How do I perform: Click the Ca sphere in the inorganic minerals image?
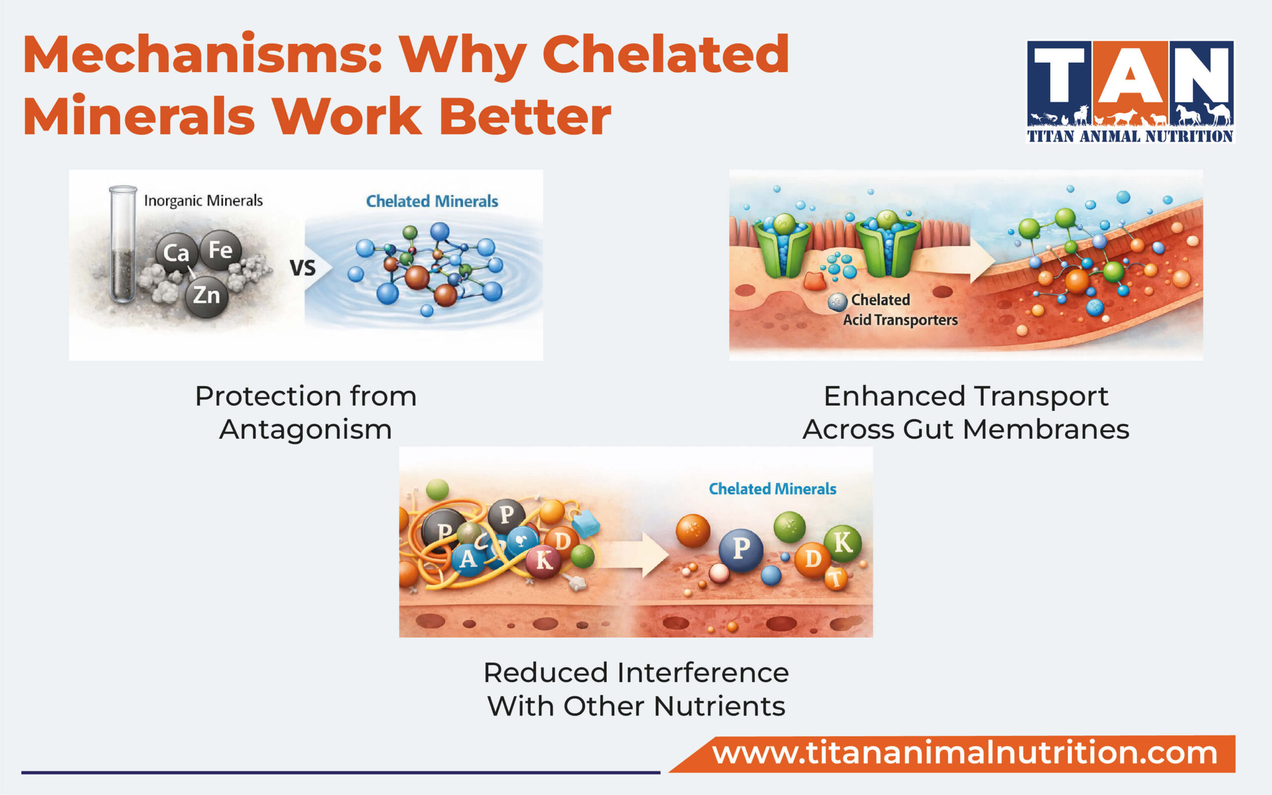[176, 253]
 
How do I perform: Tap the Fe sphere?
[220, 250]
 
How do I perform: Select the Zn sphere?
[206, 296]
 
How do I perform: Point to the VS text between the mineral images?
[303, 268]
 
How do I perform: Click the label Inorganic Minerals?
[203, 201]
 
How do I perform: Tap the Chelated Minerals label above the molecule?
[431, 201]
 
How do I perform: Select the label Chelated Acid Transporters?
[900, 310]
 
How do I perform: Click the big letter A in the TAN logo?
[1130, 76]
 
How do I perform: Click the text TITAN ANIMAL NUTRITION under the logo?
[1130, 137]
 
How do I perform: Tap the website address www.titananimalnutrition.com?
[964, 753]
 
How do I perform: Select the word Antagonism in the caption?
[306, 430]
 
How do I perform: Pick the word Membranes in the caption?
[1046, 430]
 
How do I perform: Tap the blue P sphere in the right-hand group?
[741, 549]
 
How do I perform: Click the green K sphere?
[842, 543]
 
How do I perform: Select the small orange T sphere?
[835, 579]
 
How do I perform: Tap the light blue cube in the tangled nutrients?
[585, 523]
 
